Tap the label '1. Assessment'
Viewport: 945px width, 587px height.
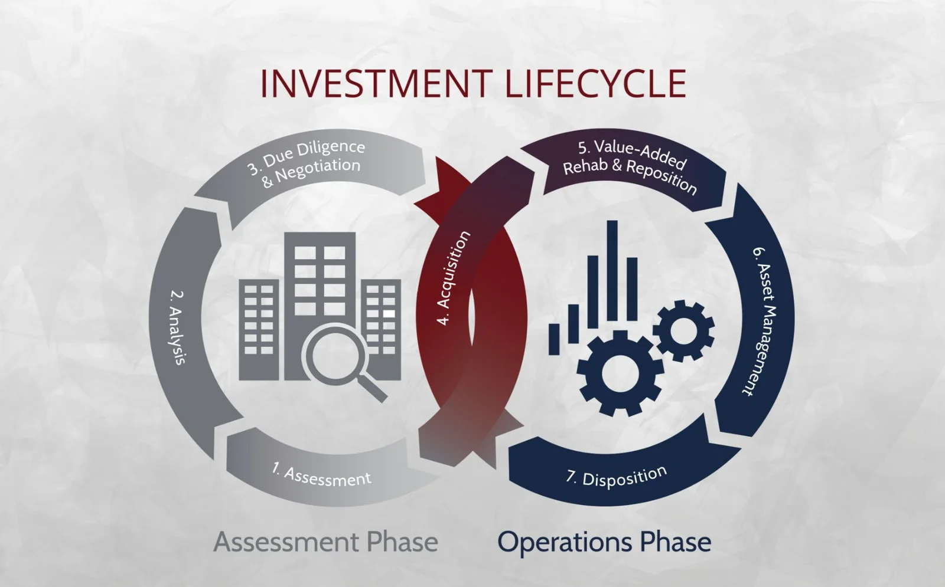click(x=321, y=474)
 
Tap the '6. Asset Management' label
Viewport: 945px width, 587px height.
click(x=764, y=322)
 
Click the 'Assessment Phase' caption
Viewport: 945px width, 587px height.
click(x=325, y=542)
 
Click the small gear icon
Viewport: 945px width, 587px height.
click(x=684, y=330)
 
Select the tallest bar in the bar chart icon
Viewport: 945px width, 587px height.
click(x=612, y=271)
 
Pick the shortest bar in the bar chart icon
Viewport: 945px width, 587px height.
click(x=554, y=339)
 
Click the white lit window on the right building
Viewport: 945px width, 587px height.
click(x=389, y=314)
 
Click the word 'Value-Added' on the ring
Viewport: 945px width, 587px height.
click(x=632, y=153)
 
